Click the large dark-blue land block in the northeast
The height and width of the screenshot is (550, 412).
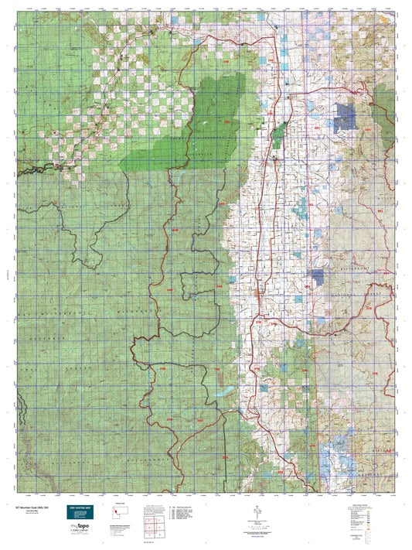346,116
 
